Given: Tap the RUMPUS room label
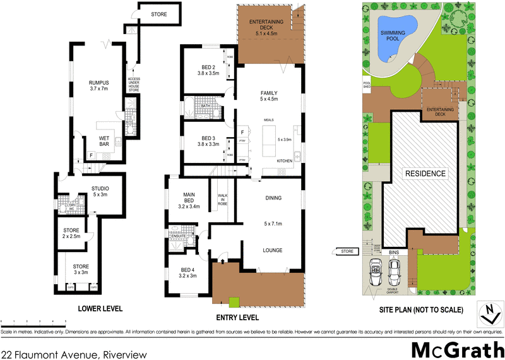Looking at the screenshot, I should coord(98,85).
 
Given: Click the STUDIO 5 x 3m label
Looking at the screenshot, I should coord(100,191).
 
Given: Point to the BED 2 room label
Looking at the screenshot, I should coord(210,70).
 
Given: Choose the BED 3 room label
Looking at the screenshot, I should coord(210,141).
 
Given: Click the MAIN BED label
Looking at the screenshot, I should coord(189,200).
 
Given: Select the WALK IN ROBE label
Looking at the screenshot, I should coord(223,200).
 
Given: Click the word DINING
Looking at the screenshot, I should coord(274,198).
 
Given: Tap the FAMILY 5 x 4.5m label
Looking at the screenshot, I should coord(268,96).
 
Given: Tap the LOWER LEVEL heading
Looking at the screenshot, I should coord(100,309).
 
